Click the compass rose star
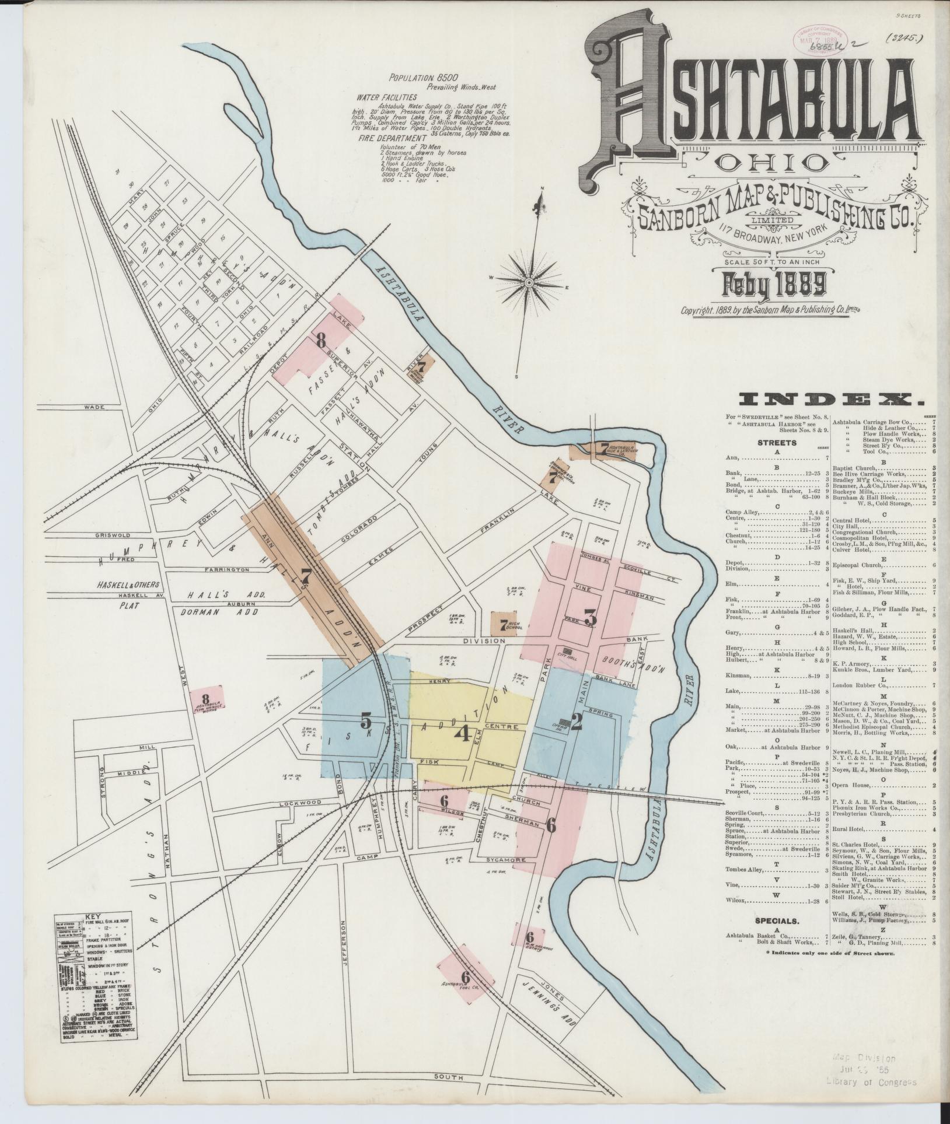(x=528, y=283)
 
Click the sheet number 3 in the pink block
(x=590, y=618)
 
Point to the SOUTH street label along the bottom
(x=448, y=1076)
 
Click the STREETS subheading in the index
(x=777, y=443)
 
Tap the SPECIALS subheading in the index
(x=777, y=921)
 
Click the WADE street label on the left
(x=93, y=407)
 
